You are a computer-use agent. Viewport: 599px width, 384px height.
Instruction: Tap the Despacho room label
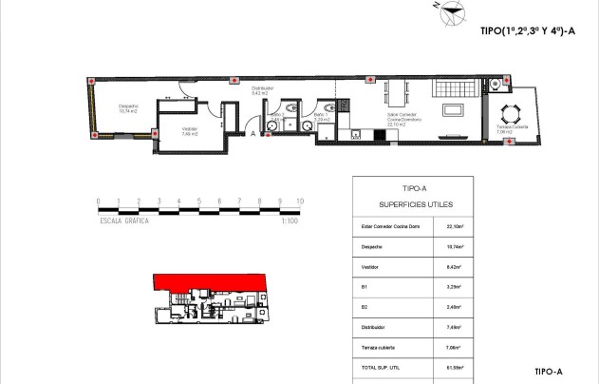(128, 108)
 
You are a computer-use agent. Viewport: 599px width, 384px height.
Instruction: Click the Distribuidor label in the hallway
(262, 90)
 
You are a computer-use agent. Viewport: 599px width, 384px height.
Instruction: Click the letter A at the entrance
(253, 134)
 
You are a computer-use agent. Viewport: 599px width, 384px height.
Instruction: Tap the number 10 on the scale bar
(300, 202)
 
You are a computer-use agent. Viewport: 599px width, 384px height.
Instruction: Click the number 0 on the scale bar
(99, 202)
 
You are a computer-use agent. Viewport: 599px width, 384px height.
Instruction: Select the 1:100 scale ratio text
(290, 221)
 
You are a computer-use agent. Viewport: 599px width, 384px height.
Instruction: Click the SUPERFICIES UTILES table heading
(416, 204)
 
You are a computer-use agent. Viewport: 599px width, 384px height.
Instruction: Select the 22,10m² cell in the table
(454, 227)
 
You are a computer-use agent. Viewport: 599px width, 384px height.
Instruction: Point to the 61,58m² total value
(454, 365)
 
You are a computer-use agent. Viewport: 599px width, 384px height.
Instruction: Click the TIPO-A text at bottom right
(550, 372)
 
